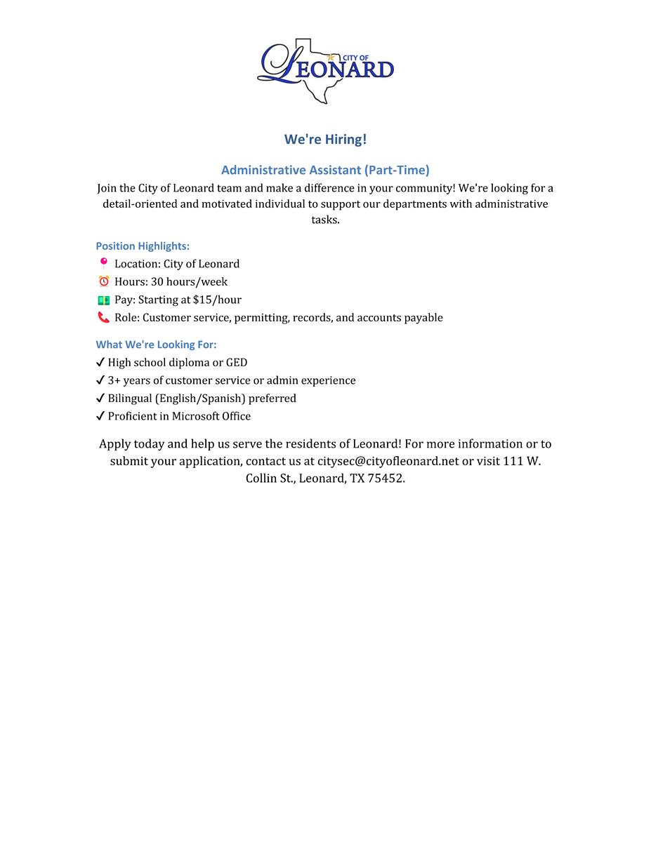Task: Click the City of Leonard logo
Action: pyautogui.click(x=326, y=71)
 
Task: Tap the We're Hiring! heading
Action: pyautogui.click(x=325, y=139)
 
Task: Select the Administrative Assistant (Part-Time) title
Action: pyautogui.click(x=325, y=170)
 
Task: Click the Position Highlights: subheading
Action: pyautogui.click(x=143, y=246)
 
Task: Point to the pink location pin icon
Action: pyautogui.click(x=103, y=263)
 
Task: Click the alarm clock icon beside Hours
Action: pyautogui.click(x=103, y=281)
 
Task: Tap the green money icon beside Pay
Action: pyautogui.click(x=103, y=300)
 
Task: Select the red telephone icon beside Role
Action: pyautogui.click(x=103, y=317)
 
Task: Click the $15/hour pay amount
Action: pyautogui.click(x=217, y=300)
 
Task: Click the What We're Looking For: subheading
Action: pyautogui.click(x=156, y=345)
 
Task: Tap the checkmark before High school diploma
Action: pyautogui.click(x=100, y=363)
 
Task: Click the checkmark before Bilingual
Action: pyautogui.click(x=100, y=399)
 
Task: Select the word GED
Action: pyautogui.click(x=237, y=363)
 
